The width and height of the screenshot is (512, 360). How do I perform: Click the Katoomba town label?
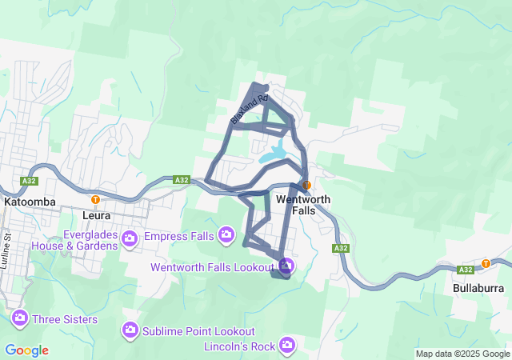click(x=30, y=202)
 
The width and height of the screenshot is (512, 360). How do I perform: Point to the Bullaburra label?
click(x=478, y=287)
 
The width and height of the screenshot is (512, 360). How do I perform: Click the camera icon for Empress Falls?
click(x=226, y=234)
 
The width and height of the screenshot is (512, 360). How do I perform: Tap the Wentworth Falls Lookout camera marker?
click(x=286, y=266)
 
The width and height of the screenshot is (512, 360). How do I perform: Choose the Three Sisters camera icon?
click(x=20, y=318)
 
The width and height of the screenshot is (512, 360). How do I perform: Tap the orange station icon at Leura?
click(x=96, y=199)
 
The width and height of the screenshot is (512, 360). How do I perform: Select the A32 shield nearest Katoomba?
click(x=30, y=182)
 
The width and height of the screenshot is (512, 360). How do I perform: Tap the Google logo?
click(x=26, y=350)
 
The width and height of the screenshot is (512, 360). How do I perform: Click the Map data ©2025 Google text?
click(x=462, y=354)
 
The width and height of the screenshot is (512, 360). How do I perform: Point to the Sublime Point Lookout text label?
click(x=199, y=331)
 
